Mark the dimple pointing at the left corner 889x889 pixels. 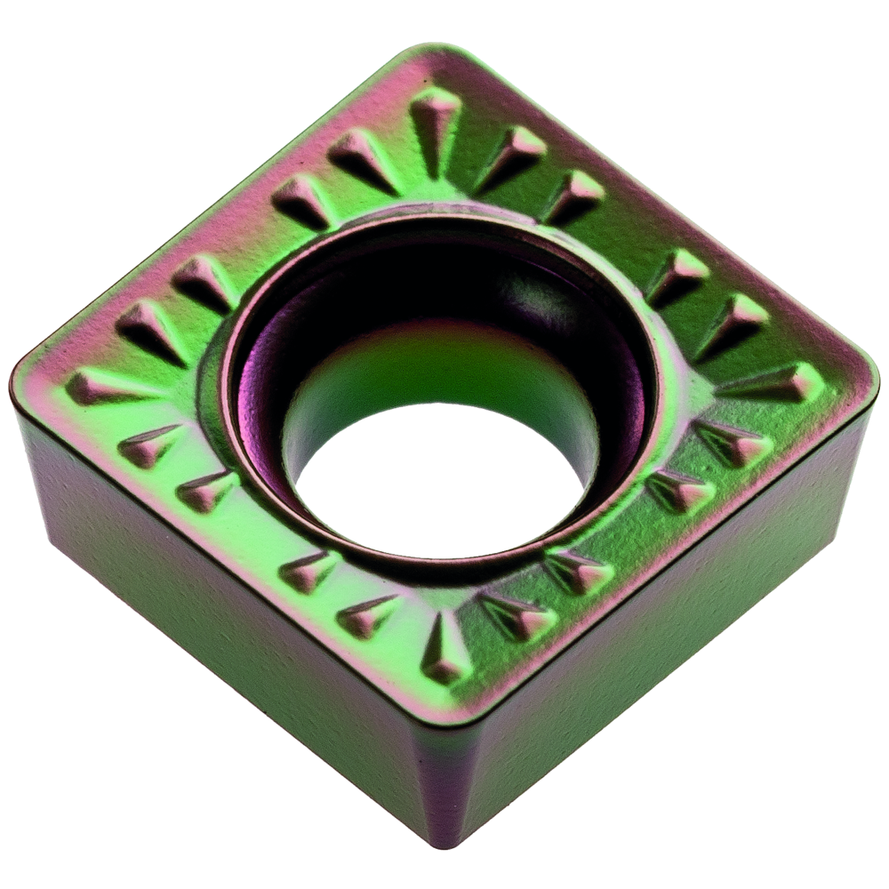click(x=102, y=387)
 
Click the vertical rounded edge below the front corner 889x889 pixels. click(x=444, y=782)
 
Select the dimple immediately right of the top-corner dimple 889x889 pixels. click(x=511, y=156)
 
